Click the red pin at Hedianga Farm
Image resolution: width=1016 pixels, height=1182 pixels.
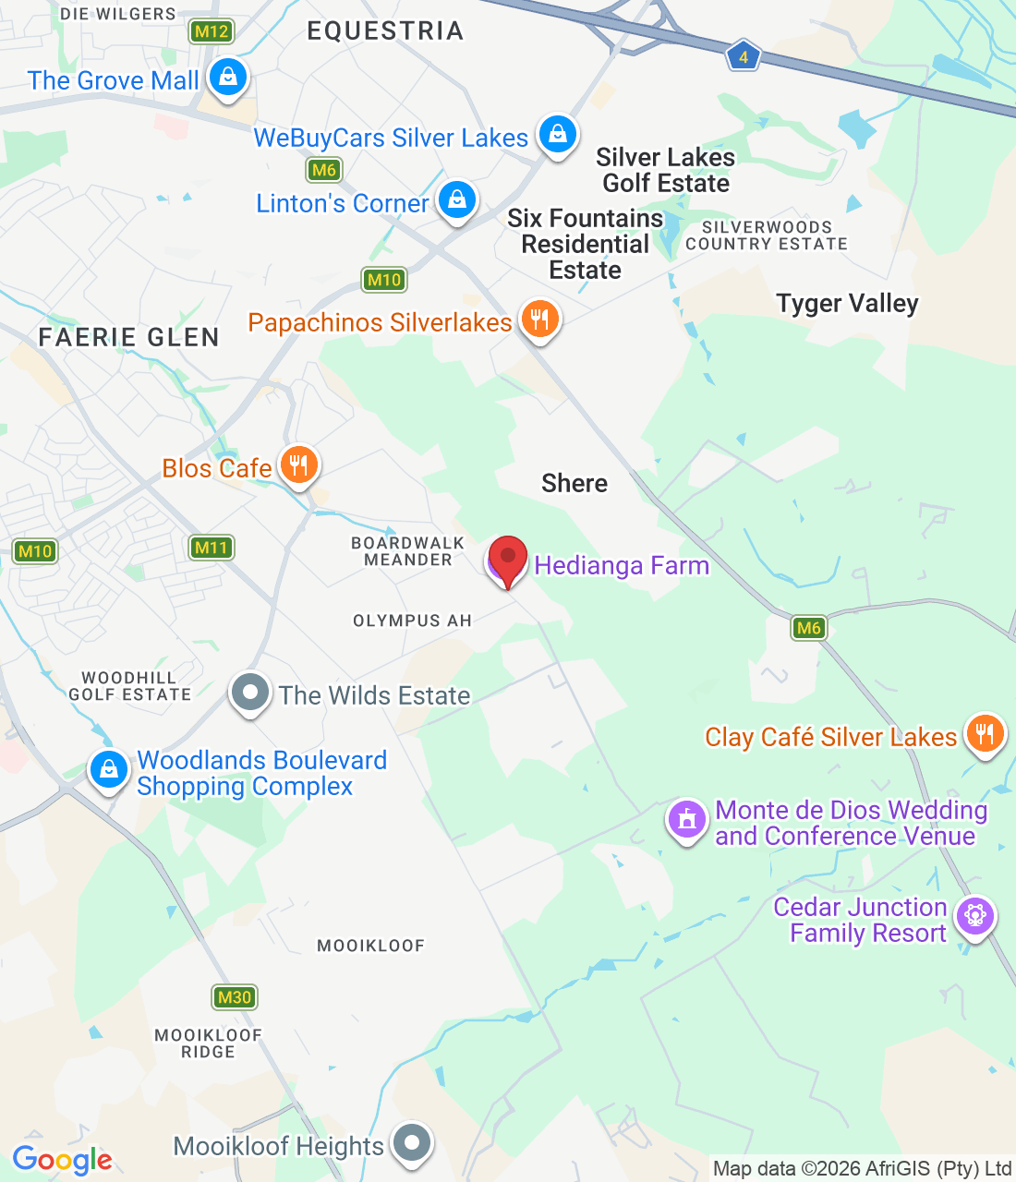coord(507,560)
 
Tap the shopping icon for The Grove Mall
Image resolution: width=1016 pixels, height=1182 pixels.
coord(227,78)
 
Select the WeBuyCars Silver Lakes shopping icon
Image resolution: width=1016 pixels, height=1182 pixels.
coord(557,135)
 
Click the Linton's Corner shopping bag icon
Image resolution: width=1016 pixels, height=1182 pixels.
coord(456,199)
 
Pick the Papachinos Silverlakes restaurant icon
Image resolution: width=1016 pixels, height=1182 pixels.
coord(539,319)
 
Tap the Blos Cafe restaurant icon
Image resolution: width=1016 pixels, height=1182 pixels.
coord(297,464)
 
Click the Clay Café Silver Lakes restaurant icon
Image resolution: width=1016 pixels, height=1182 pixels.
coord(985,734)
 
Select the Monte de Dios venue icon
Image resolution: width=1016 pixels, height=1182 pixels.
coord(686,819)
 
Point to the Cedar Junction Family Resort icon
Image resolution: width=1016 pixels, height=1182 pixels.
coord(974,916)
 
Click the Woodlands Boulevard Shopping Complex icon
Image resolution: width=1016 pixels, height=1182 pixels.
coord(109,768)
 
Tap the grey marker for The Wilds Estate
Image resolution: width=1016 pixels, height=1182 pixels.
coord(249,693)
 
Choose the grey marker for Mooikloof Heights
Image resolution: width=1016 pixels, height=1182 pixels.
coord(412,1143)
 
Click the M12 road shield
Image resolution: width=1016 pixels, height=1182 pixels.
coord(212,31)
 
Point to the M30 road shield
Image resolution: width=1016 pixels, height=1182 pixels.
coord(235,997)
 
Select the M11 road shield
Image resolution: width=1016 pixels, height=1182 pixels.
coord(211,548)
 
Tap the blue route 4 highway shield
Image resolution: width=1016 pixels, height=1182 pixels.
coord(743,57)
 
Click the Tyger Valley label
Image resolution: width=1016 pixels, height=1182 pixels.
coord(847,304)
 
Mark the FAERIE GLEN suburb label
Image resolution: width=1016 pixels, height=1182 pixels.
coord(129,338)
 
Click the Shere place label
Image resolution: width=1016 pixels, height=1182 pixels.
coord(575,484)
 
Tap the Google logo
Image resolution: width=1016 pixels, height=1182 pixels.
coord(62,1160)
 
